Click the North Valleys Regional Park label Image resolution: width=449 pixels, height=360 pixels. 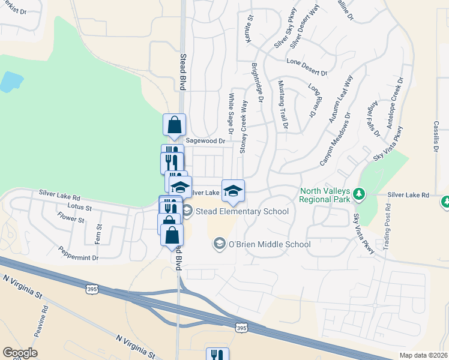(325, 195)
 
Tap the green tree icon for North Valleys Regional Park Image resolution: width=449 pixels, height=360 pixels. (359, 194)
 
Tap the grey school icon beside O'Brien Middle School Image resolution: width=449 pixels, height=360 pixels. (219, 244)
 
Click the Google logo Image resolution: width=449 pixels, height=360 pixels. (20, 353)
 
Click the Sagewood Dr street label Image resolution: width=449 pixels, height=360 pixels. (205, 141)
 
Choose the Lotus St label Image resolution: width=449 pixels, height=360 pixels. (80, 208)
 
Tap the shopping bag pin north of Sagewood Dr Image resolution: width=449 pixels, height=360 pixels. (174, 125)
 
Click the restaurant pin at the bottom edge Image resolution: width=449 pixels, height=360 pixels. (217, 355)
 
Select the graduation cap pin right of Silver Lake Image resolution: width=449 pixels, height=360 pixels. (233, 191)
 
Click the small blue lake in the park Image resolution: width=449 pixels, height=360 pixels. (10, 82)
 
